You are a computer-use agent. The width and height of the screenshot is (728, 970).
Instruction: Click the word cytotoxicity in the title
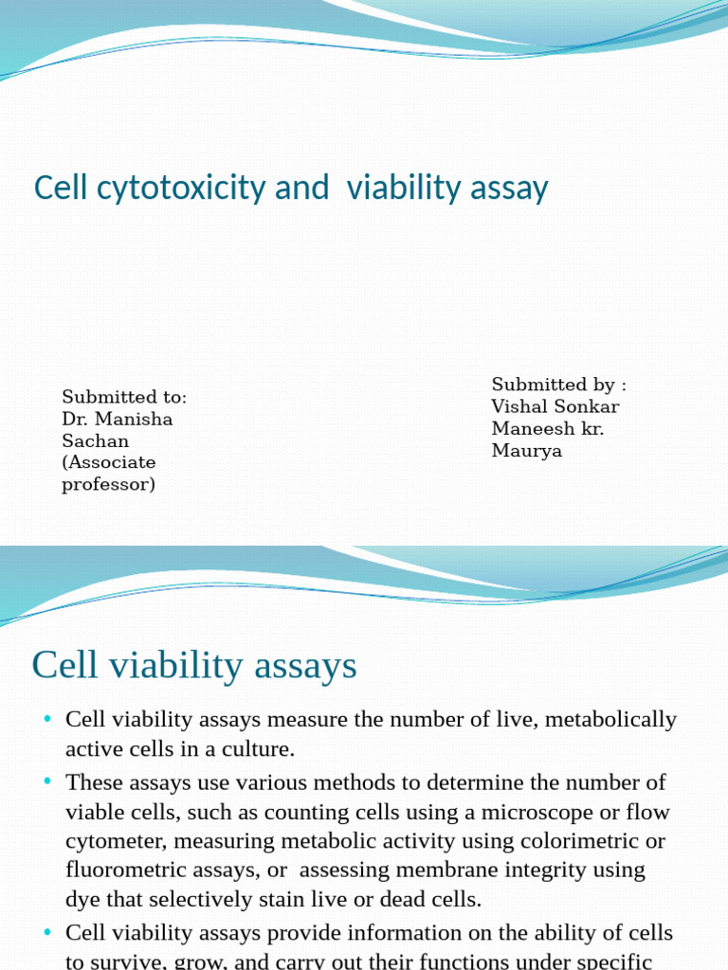point(181,189)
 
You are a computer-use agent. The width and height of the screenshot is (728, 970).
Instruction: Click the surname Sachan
point(96,441)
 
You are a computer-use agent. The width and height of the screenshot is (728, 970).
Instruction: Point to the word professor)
point(108,484)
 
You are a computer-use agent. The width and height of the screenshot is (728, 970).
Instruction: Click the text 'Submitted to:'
point(124,397)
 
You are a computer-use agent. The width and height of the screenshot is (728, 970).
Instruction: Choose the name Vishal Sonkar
point(555,406)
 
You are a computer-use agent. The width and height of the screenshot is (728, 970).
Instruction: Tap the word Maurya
point(527,451)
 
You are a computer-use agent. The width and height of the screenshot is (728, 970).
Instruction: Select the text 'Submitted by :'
point(559,385)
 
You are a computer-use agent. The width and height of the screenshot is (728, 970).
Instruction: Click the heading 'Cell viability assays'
point(194,666)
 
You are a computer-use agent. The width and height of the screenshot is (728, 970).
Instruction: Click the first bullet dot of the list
point(47,718)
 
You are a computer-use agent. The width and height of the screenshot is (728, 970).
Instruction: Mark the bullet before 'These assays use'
point(47,781)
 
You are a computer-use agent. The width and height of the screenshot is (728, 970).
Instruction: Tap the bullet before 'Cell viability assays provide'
point(47,932)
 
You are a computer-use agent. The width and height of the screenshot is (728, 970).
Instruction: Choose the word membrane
point(447,870)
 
